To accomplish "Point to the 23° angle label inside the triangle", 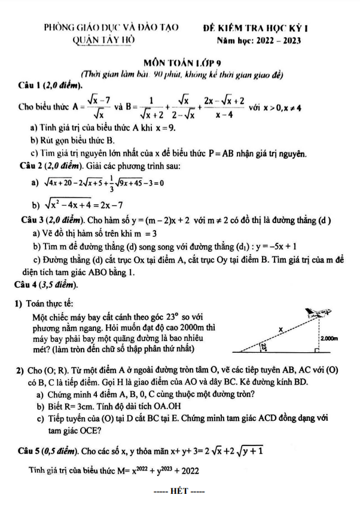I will click(263, 347).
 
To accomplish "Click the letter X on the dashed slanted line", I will click(280, 328).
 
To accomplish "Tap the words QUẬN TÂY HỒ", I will click(103, 40).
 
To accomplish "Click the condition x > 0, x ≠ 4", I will click(276, 108).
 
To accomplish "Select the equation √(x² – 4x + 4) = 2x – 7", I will click(90, 203).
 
